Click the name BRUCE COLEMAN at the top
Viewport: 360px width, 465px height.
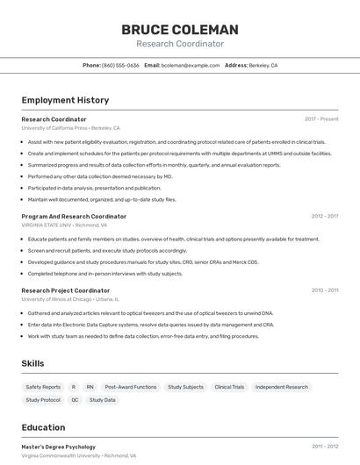click(179, 29)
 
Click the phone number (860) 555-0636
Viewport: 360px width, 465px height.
click(120, 65)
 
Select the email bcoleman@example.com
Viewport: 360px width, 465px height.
click(191, 65)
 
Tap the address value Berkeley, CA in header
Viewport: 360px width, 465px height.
click(263, 65)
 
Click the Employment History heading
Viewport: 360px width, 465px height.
click(65, 100)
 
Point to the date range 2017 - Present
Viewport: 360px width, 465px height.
click(321, 118)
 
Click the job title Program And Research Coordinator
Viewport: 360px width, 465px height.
click(74, 216)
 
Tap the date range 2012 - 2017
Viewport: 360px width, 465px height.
click(324, 216)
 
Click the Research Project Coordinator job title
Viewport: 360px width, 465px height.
click(66, 290)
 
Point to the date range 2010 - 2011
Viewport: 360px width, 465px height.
click(324, 290)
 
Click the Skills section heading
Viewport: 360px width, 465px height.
click(33, 363)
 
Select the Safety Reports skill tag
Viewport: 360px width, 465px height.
click(43, 387)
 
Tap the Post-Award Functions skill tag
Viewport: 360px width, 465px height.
click(131, 387)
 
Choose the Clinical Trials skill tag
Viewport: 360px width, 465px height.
click(229, 387)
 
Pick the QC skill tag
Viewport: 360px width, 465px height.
click(75, 400)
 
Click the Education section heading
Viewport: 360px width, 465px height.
click(43, 427)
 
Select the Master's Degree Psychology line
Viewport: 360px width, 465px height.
click(59, 447)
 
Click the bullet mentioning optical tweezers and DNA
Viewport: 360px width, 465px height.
click(150, 312)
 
